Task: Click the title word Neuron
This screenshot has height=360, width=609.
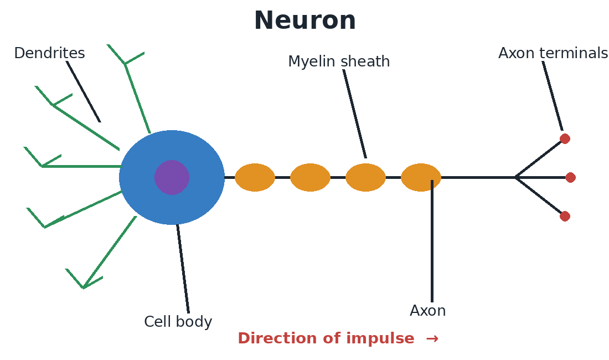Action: [x=305, y=20]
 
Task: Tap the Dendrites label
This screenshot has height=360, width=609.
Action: [x=49, y=53]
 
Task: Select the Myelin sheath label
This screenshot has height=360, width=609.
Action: [x=339, y=61]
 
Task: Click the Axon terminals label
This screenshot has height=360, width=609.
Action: [x=553, y=53]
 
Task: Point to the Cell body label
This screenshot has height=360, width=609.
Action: [x=178, y=322]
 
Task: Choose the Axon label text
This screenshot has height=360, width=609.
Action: [x=427, y=311]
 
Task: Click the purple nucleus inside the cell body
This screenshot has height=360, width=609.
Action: [x=172, y=177]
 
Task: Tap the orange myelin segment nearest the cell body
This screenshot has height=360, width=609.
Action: [x=255, y=177]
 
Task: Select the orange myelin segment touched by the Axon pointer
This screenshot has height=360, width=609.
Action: [x=421, y=177]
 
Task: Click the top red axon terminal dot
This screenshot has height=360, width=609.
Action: [x=565, y=138]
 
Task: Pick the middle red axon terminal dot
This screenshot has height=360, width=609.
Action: [x=570, y=177]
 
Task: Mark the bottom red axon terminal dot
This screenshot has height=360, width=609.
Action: [x=565, y=217]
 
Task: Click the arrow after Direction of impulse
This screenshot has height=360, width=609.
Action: [x=432, y=338]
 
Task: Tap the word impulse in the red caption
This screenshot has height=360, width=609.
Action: [x=380, y=338]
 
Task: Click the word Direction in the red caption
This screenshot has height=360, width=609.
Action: [x=279, y=338]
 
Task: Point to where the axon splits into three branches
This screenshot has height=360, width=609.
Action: [x=516, y=177]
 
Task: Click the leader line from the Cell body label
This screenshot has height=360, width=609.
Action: [x=183, y=269]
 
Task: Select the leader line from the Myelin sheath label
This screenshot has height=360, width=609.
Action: [x=354, y=114]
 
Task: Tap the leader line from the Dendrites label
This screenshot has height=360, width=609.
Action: [x=83, y=91]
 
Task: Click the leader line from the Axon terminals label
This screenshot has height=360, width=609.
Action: [x=553, y=96]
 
